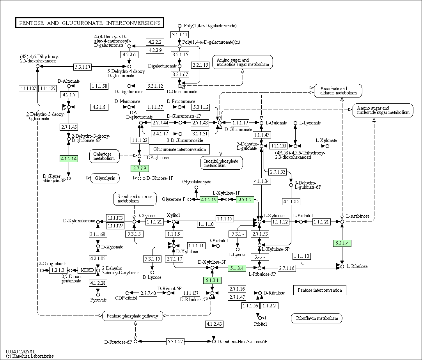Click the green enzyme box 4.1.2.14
point(69,159)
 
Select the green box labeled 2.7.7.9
point(139,168)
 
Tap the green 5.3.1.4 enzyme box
point(342,243)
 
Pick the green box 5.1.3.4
point(237,268)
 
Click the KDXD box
point(87,270)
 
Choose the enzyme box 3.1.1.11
point(179,34)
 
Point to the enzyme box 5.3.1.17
point(83,67)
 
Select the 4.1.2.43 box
point(214,324)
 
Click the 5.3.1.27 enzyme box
point(175,342)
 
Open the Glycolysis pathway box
point(105,178)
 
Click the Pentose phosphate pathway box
point(133,316)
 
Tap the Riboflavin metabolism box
point(317,318)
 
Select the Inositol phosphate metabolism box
point(222,163)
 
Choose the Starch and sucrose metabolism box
point(135,199)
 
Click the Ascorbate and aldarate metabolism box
point(338,90)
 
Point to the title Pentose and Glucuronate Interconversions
point(90,23)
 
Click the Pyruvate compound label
point(99,300)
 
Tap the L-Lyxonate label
point(310,123)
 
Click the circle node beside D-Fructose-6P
point(136,341)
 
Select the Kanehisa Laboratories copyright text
point(30,356)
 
